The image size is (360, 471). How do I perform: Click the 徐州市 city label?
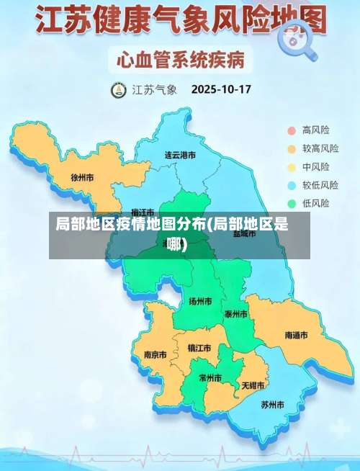coord(83,177)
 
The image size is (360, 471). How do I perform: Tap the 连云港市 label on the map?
coord(180,155)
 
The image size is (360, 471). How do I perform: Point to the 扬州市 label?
coord(200,301)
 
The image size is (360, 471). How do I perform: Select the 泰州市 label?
coord(236,314)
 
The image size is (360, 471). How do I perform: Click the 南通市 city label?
coord(296,336)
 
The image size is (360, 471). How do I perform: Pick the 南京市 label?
coord(155,354)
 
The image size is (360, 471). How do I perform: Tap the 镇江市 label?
coord(199,348)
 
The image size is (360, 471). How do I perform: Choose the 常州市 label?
coord(212,377)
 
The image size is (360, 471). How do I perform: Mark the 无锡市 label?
coord(253,385)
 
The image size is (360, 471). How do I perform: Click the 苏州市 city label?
coord(273,404)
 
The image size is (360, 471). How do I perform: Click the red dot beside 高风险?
coord(292,130)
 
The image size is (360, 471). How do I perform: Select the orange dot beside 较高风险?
coord(292,149)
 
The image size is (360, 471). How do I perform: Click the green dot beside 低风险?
coord(292,204)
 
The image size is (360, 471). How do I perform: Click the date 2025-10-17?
coord(220,90)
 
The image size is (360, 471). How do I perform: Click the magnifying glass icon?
coord(300,40)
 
